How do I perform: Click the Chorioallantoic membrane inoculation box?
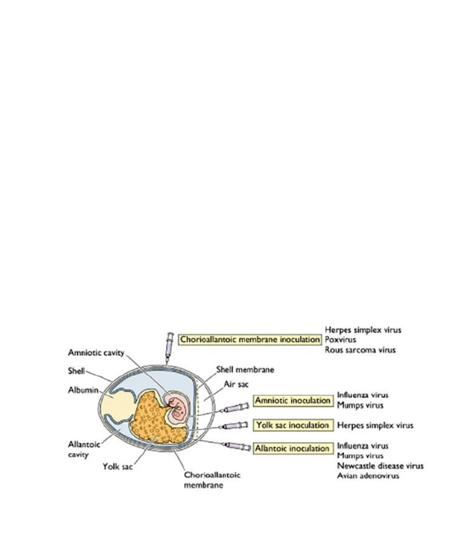[249, 340]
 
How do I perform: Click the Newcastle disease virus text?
[380, 465]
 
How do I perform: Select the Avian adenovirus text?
[368, 475]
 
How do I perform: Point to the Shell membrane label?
[245, 370]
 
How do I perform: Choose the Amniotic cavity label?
[96, 352]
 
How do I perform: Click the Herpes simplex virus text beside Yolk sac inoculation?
[375, 425]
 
